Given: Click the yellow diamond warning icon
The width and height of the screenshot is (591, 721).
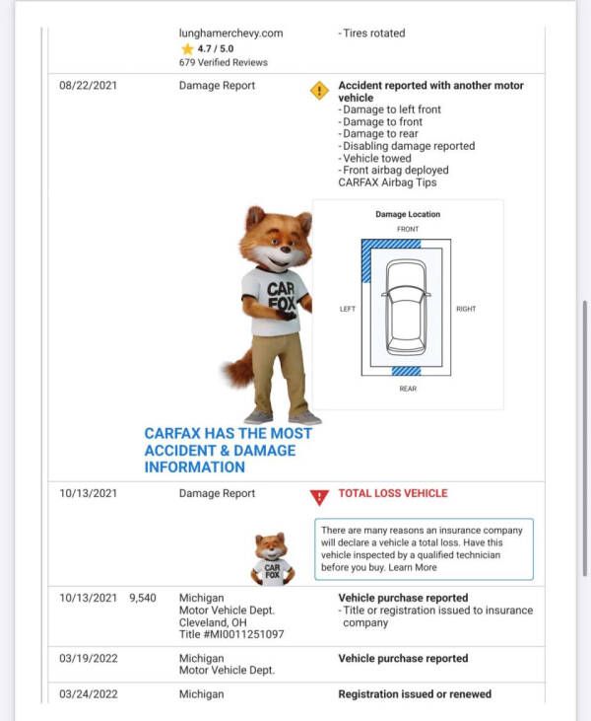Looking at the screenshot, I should pyautogui.click(x=319, y=91).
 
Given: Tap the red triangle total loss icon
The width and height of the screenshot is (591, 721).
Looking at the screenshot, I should pyautogui.click(x=318, y=497).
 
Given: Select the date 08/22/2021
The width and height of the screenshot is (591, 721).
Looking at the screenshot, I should pyautogui.click(x=88, y=86).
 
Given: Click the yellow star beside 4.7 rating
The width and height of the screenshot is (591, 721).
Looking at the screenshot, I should pyautogui.click(x=187, y=48).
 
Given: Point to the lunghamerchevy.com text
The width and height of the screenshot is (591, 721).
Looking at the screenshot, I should pyautogui.click(x=230, y=33).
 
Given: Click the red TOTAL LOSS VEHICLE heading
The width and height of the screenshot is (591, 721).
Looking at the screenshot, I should pyautogui.click(x=392, y=493).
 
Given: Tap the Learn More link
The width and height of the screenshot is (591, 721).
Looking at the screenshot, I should pyautogui.click(x=412, y=567).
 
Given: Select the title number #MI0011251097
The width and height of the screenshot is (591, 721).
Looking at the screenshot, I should pyautogui.click(x=231, y=634).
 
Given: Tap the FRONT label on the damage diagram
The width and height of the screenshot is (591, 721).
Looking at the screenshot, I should pyautogui.click(x=407, y=229).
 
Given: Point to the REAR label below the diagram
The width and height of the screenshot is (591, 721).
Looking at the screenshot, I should pyautogui.click(x=407, y=389).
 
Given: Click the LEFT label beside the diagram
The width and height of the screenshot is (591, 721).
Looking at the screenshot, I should pyautogui.click(x=347, y=309).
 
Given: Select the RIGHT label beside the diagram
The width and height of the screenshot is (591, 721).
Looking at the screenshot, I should pyautogui.click(x=466, y=309).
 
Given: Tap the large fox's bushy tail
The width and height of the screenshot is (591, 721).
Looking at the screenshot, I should pyautogui.click(x=237, y=369).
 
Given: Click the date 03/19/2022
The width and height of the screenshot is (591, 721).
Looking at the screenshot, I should pyautogui.click(x=88, y=659).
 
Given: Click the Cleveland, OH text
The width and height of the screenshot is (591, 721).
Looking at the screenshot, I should pyautogui.click(x=220, y=622).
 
